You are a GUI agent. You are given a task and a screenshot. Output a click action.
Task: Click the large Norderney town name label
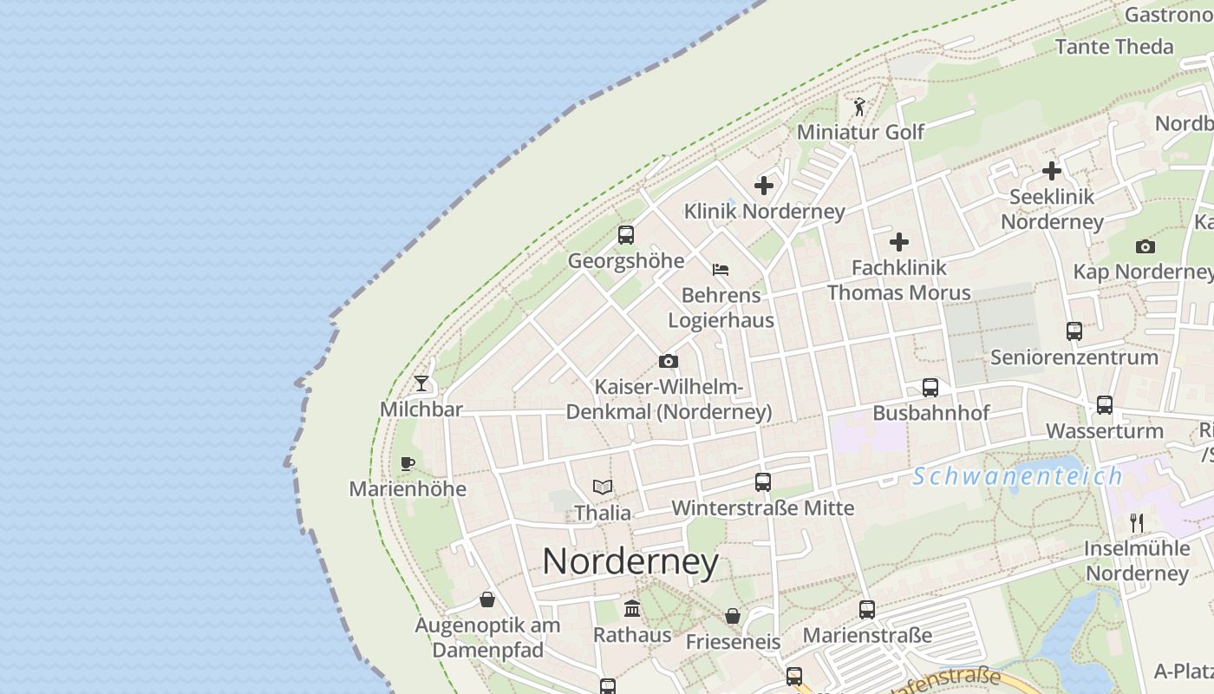tap(630, 562)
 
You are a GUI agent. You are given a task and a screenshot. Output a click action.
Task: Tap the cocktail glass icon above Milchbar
tap(421, 383)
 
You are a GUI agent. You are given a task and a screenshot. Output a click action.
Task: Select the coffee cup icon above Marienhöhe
tap(408, 463)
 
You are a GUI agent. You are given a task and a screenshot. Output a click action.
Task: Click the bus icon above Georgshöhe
tap(626, 235)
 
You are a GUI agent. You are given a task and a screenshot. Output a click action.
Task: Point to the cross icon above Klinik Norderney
tap(764, 186)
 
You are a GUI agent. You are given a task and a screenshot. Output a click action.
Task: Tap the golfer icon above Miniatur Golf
tap(859, 107)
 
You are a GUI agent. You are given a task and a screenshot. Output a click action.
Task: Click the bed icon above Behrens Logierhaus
tap(721, 270)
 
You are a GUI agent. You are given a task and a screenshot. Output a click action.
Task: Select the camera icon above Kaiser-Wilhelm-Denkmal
tap(669, 361)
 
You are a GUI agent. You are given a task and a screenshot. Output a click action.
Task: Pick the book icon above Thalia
tap(603, 488)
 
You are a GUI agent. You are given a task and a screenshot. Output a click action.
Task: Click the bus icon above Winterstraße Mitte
tap(763, 482)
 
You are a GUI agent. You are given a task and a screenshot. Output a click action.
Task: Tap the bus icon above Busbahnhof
tap(930, 388)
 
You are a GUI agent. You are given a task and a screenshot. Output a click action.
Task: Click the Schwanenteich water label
tap(1017, 476)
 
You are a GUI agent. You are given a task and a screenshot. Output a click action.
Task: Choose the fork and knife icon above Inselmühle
tap(1137, 523)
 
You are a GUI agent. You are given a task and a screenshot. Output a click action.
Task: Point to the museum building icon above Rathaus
tap(632, 609)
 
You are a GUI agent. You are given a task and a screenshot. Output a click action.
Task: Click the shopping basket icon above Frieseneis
tap(733, 617)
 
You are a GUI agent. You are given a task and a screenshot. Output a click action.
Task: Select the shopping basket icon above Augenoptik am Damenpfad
tap(487, 599)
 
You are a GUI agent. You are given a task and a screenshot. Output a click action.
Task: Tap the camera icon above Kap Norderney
tap(1145, 247)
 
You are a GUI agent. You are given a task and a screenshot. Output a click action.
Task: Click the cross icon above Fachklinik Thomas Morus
tap(899, 242)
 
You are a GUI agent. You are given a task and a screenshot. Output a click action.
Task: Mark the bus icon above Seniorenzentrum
tap(1074, 331)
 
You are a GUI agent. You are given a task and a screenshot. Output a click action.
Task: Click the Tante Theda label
tap(1114, 47)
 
